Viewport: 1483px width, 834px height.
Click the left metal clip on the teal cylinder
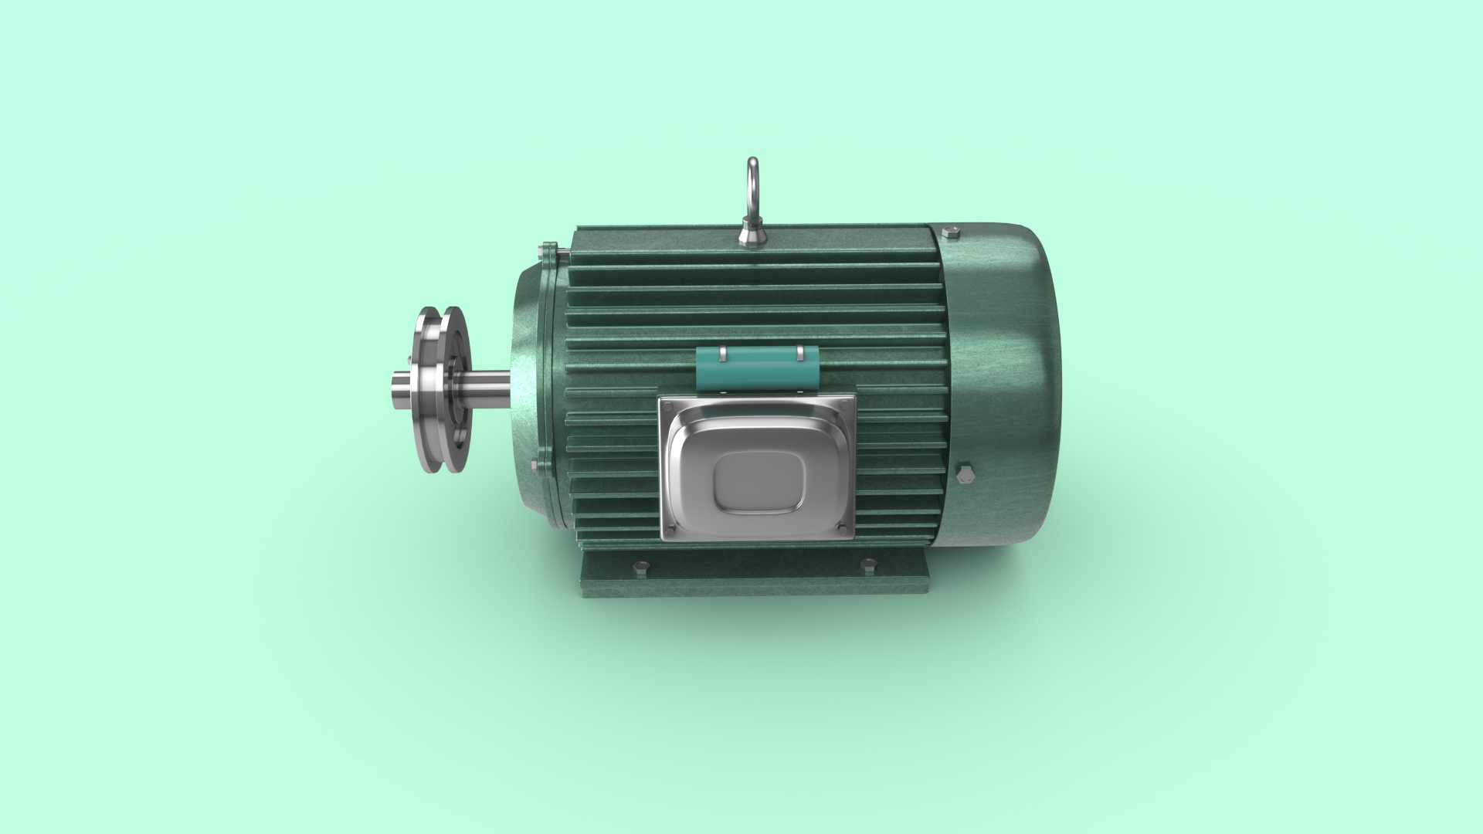pos(721,354)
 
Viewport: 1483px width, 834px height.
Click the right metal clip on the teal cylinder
pos(800,354)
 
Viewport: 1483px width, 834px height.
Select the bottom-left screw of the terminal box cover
pos(670,528)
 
